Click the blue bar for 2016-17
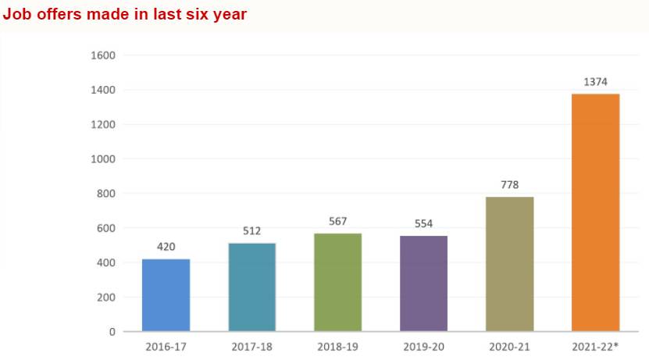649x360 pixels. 166,295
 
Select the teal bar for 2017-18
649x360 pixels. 251,287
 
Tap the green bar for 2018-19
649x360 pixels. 337,283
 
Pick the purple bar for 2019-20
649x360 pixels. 423,283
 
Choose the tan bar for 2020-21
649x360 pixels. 509,264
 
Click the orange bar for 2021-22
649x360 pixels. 595,212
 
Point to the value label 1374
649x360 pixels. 595,82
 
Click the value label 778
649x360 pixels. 509,185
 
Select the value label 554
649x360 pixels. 423,223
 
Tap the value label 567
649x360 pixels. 337,221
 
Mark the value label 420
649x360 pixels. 166,247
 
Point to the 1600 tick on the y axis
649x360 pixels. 103,55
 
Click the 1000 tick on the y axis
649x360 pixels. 103,159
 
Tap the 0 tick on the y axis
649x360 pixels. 112,332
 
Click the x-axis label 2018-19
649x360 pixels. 337,346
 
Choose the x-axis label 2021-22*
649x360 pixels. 596,346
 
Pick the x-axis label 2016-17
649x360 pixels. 166,346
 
